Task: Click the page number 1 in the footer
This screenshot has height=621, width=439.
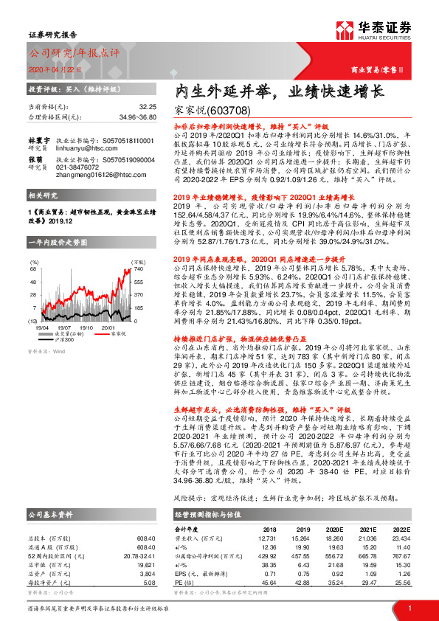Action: coord(410,608)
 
